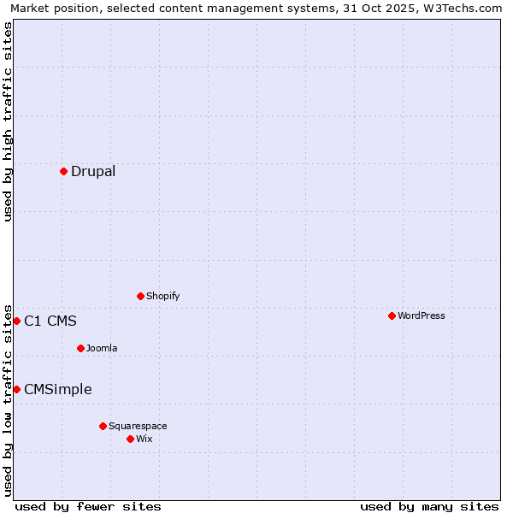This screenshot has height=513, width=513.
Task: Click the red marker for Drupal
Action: [x=63, y=171]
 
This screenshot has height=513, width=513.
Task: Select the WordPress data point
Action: [x=392, y=315]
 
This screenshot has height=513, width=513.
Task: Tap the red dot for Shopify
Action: [x=140, y=296]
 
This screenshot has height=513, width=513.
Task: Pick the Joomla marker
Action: [x=80, y=348]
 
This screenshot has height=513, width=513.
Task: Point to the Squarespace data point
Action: [x=103, y=426]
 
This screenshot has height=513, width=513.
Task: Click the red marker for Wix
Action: [x=130, y=439]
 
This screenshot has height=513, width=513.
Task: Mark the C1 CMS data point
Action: [x=16, y=321]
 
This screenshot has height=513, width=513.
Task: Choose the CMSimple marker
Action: [x=16, y=389]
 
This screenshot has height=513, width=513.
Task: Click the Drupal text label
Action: [x=93, y=171]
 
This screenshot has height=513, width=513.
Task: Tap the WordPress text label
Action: [x=422, y=315]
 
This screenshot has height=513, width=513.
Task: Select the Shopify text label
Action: [x=162, y=296]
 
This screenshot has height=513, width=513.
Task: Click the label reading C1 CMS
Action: [x=50, y=321]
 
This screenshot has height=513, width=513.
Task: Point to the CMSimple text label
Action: [x=58, y=390]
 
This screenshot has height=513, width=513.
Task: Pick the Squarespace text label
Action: [x=138, y=426]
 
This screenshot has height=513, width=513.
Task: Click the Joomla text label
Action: [x=102, y=348]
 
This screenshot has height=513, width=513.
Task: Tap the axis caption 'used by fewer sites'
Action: [x=88, y=506]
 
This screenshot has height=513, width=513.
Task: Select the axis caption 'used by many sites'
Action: [x=429, y=506]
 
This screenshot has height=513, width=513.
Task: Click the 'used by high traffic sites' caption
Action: [x=8, y=121]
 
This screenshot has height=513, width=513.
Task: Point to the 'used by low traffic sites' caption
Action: [x=8, y=399]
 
